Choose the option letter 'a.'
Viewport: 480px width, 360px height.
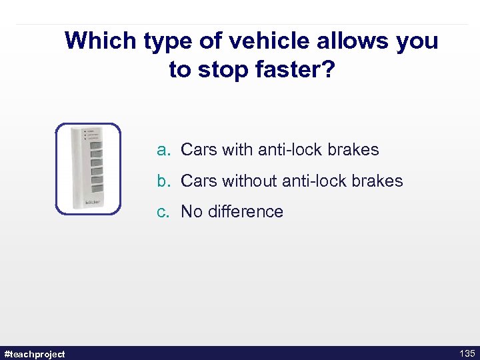click(x=164, y=150)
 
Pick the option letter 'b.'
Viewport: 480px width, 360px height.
click(x=164, y=181)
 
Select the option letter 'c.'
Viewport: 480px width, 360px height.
click(x=164, y=212)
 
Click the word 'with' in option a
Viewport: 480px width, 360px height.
click(x=237, y=150)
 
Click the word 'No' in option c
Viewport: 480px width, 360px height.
click(x=191, y=212)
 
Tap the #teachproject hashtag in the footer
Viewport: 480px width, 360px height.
click(x=35, y=354)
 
